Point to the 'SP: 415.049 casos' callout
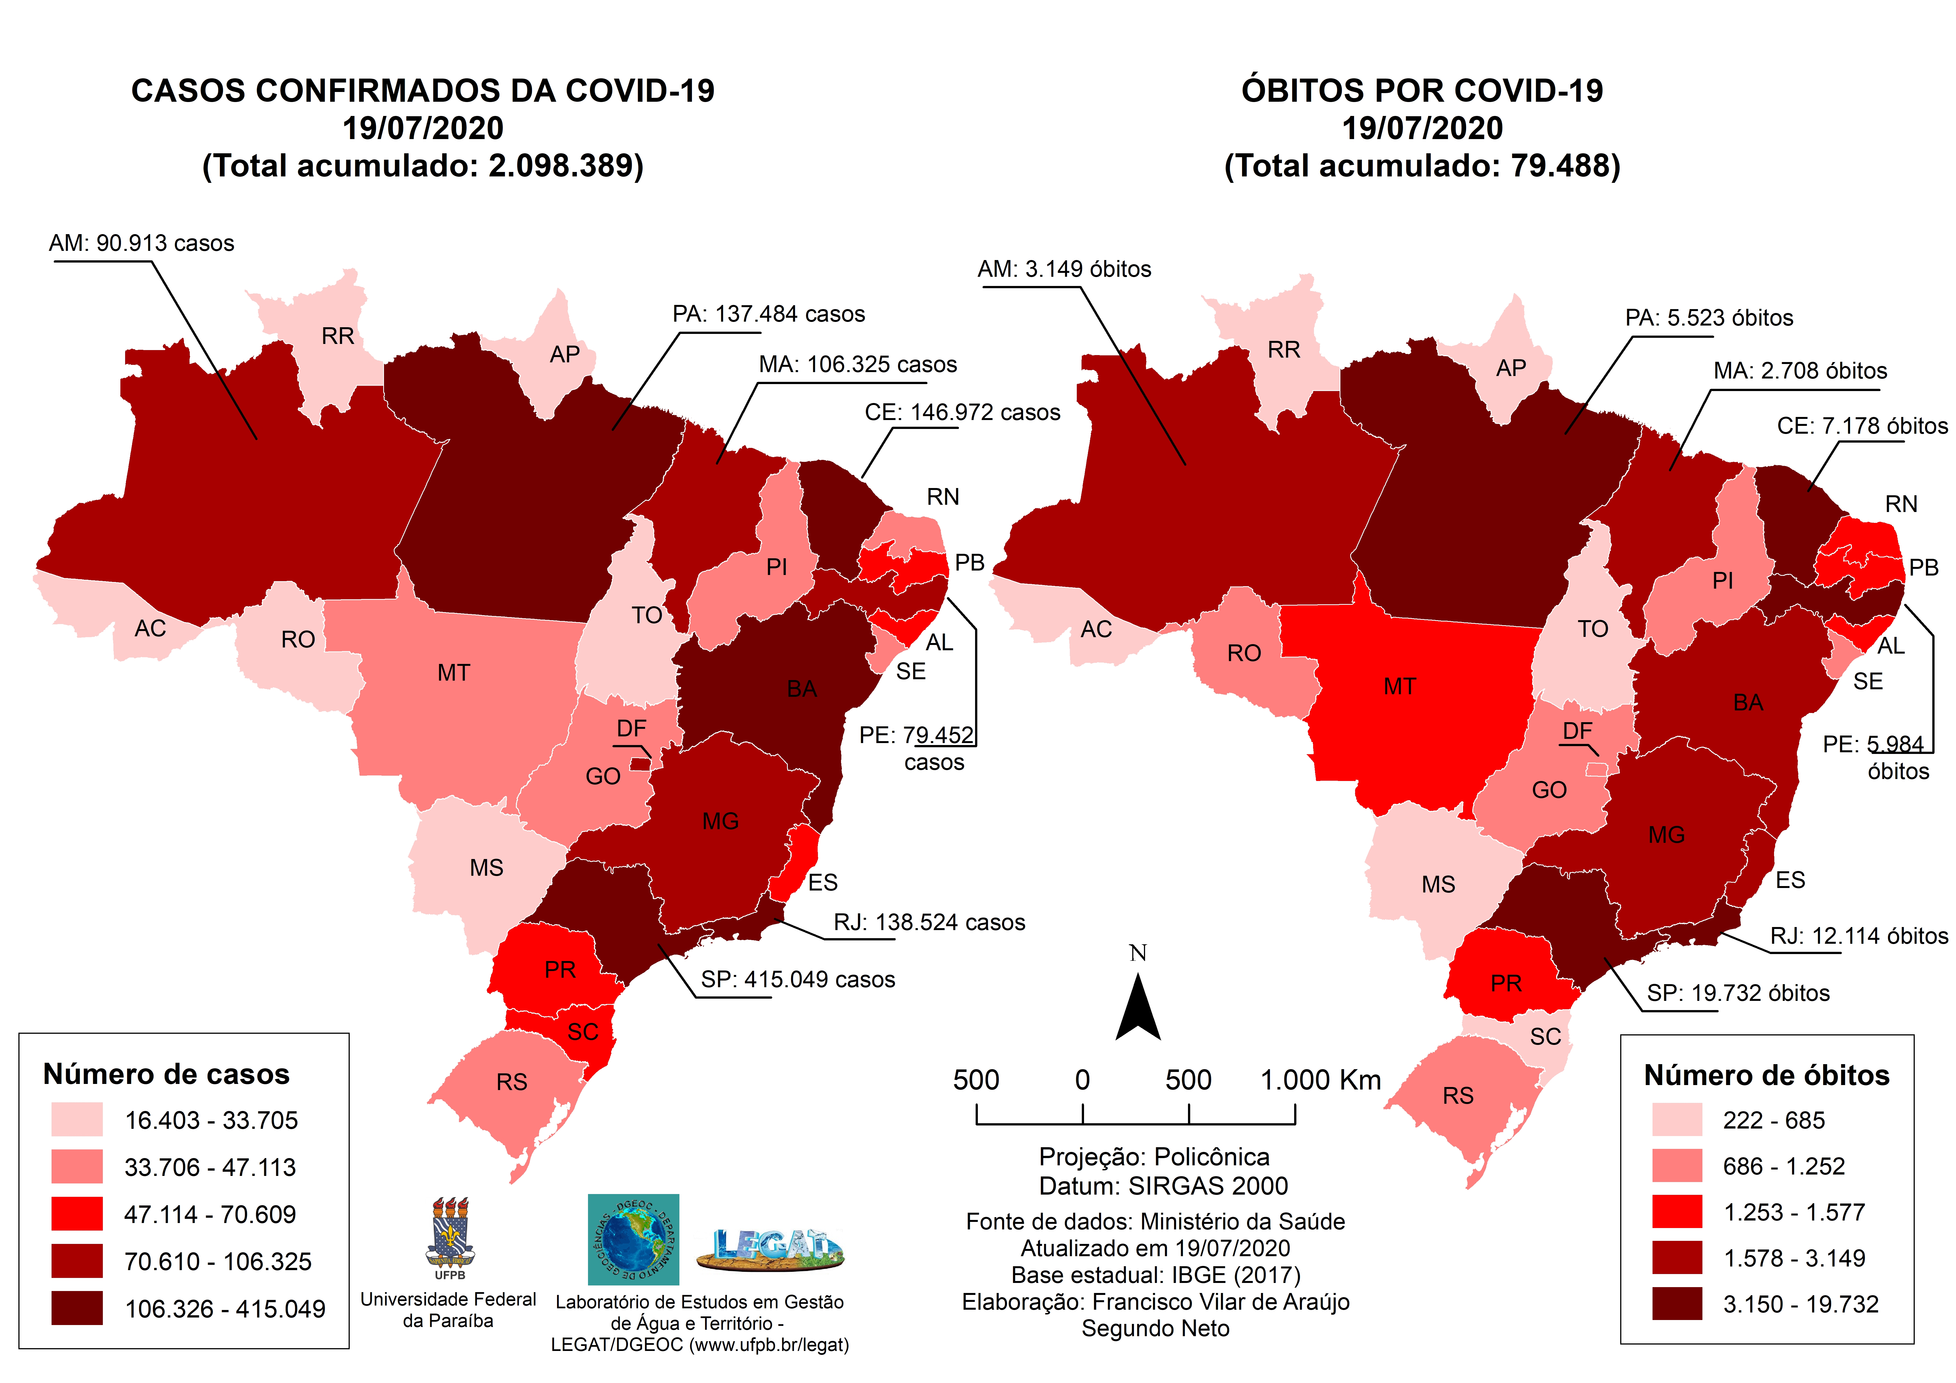click(797, 980)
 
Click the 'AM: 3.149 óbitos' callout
click(1064, 269)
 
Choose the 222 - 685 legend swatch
click(1676, 1120)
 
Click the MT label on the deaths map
click(1400, 687)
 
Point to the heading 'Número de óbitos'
click(1766, 1075)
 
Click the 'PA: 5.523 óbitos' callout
click(1708, 318)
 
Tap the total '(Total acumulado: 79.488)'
click(1422, 165)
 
